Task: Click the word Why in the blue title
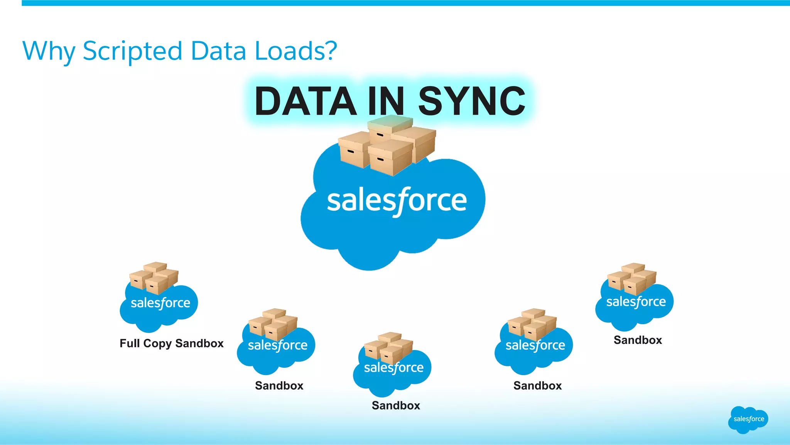48,51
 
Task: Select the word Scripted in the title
132,51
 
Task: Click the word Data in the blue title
218,51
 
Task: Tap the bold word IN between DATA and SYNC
386,101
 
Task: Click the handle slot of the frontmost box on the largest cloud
380,159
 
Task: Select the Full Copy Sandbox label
171,343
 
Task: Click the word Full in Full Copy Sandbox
130,343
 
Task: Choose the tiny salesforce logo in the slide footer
748,419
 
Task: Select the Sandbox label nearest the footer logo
638,340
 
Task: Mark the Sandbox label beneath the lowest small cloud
396,406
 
